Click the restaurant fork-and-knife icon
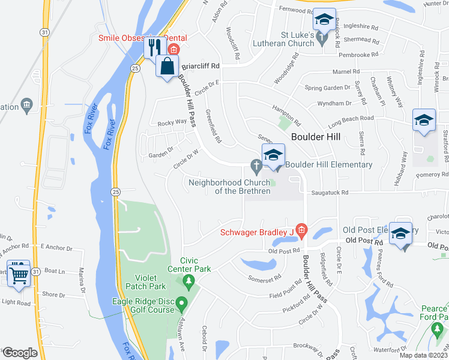click(x=154, y=47)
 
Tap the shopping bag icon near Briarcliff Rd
click(x=167, y=66)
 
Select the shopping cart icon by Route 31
click(x=19, y=274)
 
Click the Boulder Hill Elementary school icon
click(x=272, y=155)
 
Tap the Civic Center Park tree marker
click(x=189, y=280)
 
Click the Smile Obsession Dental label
click(x=143, y=38)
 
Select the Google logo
click(x=20, y=353)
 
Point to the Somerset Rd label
click(x=265, y=278)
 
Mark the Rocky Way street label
click(x=172, y=122)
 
